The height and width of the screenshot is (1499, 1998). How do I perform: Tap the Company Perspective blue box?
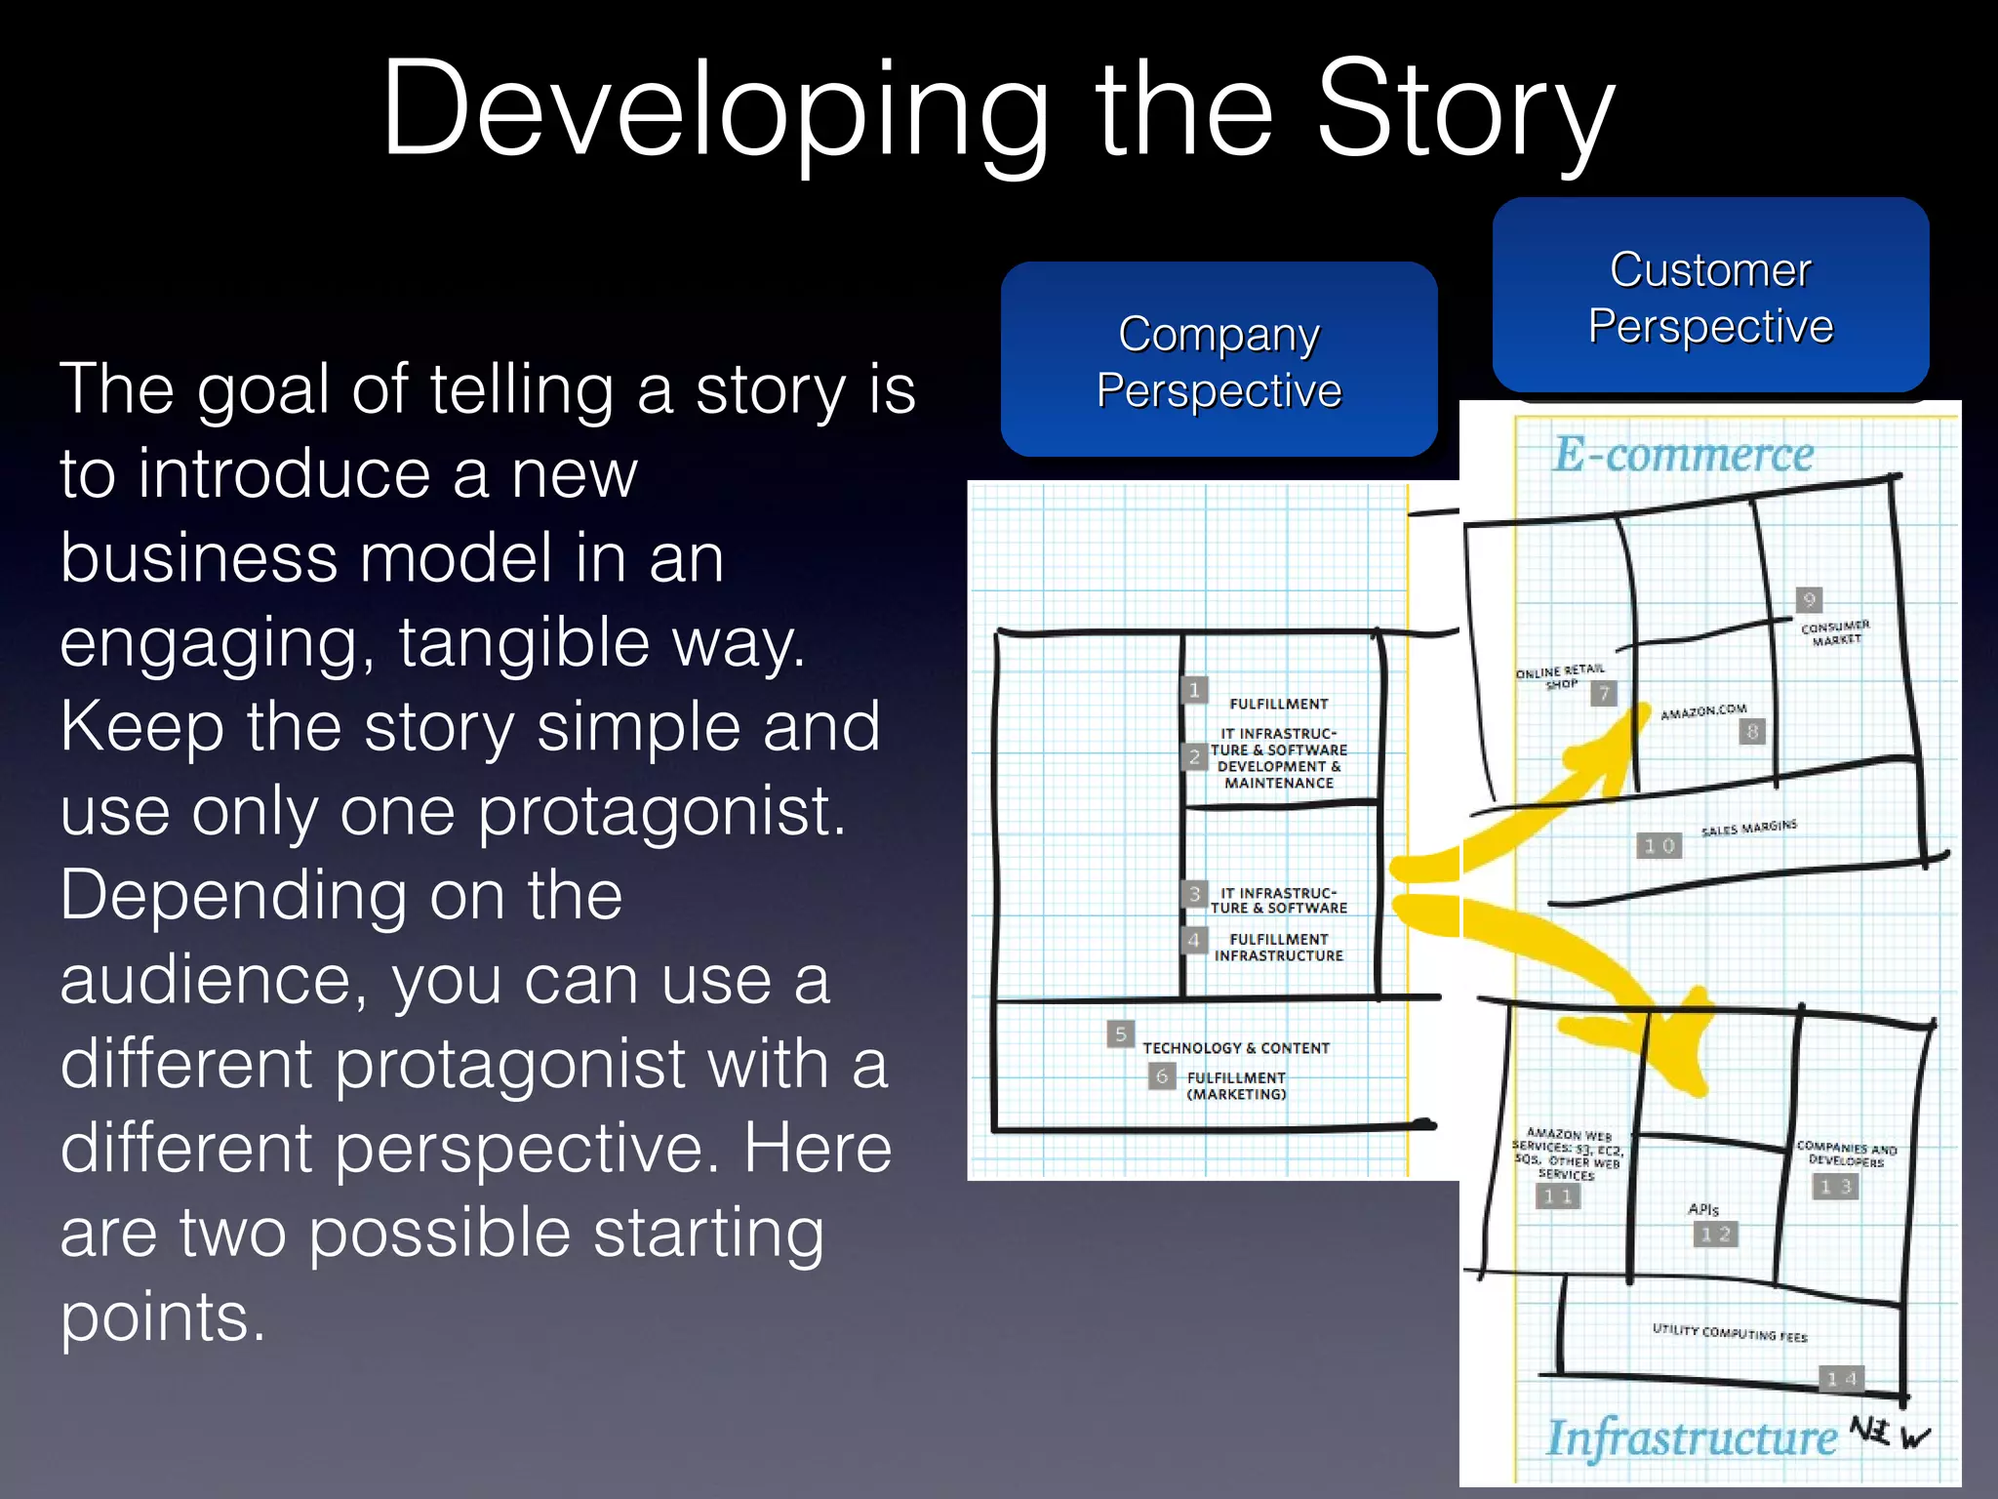pyautogui.click(x=1219, y=359)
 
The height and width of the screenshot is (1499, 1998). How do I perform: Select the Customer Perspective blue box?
pyautogui.click(x=1710, y=296)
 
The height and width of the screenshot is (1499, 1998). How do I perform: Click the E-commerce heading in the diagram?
pyautogui.click(x=1683, y=455)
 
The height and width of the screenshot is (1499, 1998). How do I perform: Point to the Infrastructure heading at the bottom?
pyautogui.click(x=1691, y=1437)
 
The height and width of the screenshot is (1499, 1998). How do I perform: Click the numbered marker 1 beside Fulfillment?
pyautogui.click(x=1194, y=690)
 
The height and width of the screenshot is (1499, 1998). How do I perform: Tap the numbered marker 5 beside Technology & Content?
pyautogui.click(x=1120, y=1033)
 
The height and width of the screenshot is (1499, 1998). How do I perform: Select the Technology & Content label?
pyautogui.click(x=1235, y=1048)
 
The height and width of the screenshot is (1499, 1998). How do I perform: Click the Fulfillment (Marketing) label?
pyautogui.click(x=1235, y=1085)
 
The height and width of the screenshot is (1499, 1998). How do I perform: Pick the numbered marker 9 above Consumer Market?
pyautogui.click(x=1809, y=599)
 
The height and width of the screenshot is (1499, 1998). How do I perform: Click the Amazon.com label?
pyautogui.click(x=1703, y=711)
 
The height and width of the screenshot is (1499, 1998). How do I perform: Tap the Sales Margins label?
pyautogui.click(x=1748, y=829)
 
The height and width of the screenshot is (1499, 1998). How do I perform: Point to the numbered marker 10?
pyautogui.click(x=1658, y=845)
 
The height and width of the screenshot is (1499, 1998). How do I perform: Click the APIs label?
pyautogui.click(x=1703, y=1209)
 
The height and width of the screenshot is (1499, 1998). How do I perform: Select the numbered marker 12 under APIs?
pyautogui.click(x=1714, y=1235)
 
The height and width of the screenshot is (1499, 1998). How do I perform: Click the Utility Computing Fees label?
pyautogui.click(x=1729, y=1333)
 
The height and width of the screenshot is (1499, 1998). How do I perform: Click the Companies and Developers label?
pyautogui.click(x=1846, y=1155)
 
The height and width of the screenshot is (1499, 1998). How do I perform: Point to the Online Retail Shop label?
pyautogui.click(x=1559, y=675)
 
